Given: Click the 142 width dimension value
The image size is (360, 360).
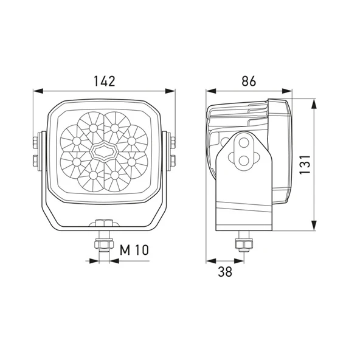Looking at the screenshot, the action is (105, 81).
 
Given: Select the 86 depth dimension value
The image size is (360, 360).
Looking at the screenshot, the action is (249, 81).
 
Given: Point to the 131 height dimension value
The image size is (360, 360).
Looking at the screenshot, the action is (305, 165).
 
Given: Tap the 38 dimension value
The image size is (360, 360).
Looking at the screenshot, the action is (225, 272).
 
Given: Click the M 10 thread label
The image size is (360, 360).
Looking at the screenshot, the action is (134, 250).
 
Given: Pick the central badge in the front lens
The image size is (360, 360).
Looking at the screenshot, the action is (104, 151).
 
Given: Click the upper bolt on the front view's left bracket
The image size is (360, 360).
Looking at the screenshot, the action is (36, 142).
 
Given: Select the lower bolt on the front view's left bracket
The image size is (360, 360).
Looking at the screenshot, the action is (36, 161).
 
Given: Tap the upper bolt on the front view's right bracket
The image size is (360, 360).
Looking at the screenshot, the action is (173, 142).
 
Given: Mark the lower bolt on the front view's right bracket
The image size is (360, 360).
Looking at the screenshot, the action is (173, 161).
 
